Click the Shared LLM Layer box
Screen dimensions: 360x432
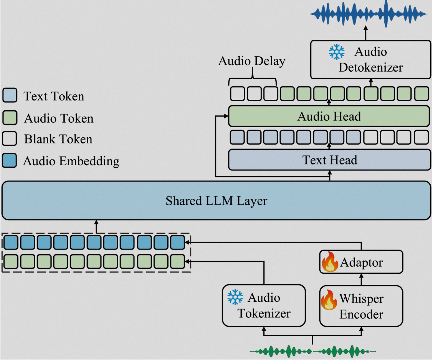point(216,200)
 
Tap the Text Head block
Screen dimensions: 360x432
point(329,160)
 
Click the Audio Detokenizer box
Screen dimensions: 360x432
point(371,60)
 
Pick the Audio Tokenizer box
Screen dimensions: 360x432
point(264,306)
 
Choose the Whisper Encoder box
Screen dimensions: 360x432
point(361,306)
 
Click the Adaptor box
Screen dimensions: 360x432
point(361,262)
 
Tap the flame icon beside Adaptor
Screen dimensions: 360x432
point(330,262)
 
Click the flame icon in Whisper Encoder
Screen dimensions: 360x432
point(329,300)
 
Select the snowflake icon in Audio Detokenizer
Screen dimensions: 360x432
point(337,52)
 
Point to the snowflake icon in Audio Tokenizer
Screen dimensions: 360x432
point(235,297)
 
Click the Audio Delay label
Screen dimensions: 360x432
point(252,61)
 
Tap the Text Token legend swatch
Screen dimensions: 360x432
point(10,95)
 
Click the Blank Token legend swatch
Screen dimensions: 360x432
point(10,139)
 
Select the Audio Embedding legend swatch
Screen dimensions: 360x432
point(10,161)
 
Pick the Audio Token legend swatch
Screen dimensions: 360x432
point(10,118)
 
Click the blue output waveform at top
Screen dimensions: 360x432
point(368,14)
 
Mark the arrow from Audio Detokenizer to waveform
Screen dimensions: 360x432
point(366,33)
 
